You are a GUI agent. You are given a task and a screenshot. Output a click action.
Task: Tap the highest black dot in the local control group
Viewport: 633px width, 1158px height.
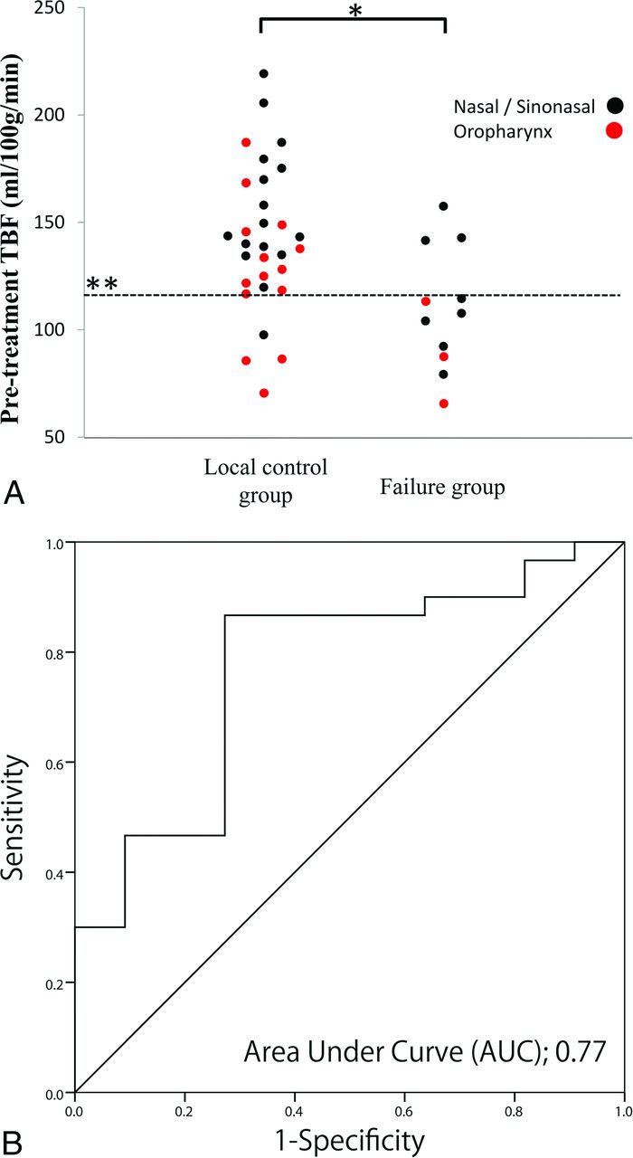[x=263, y=73]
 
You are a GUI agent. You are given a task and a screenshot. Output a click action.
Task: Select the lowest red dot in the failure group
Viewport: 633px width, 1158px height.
[x=444, y=403]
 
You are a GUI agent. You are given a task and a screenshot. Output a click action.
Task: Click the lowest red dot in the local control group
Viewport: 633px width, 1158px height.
[x=264, y=393]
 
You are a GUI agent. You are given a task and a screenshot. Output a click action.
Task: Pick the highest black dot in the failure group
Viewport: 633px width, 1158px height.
[x=443, y=206]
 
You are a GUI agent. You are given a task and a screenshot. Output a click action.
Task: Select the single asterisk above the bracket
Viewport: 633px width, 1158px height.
[x=353, y=10]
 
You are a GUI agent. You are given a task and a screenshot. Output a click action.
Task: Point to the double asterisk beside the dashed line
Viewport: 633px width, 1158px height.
[x=101, y=284]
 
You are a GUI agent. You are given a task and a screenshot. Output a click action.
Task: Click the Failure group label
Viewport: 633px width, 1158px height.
[x=440, y=489]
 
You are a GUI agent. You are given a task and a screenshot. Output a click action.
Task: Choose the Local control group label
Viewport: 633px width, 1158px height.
[x=265, y=482]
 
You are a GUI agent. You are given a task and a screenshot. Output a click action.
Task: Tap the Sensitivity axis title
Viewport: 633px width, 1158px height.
[x=16, y=817]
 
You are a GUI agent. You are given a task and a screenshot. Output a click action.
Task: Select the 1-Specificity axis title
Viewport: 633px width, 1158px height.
[x=349, y=1135]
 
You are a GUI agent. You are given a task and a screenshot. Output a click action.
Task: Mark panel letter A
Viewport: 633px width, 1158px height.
[x=14, y=494]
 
